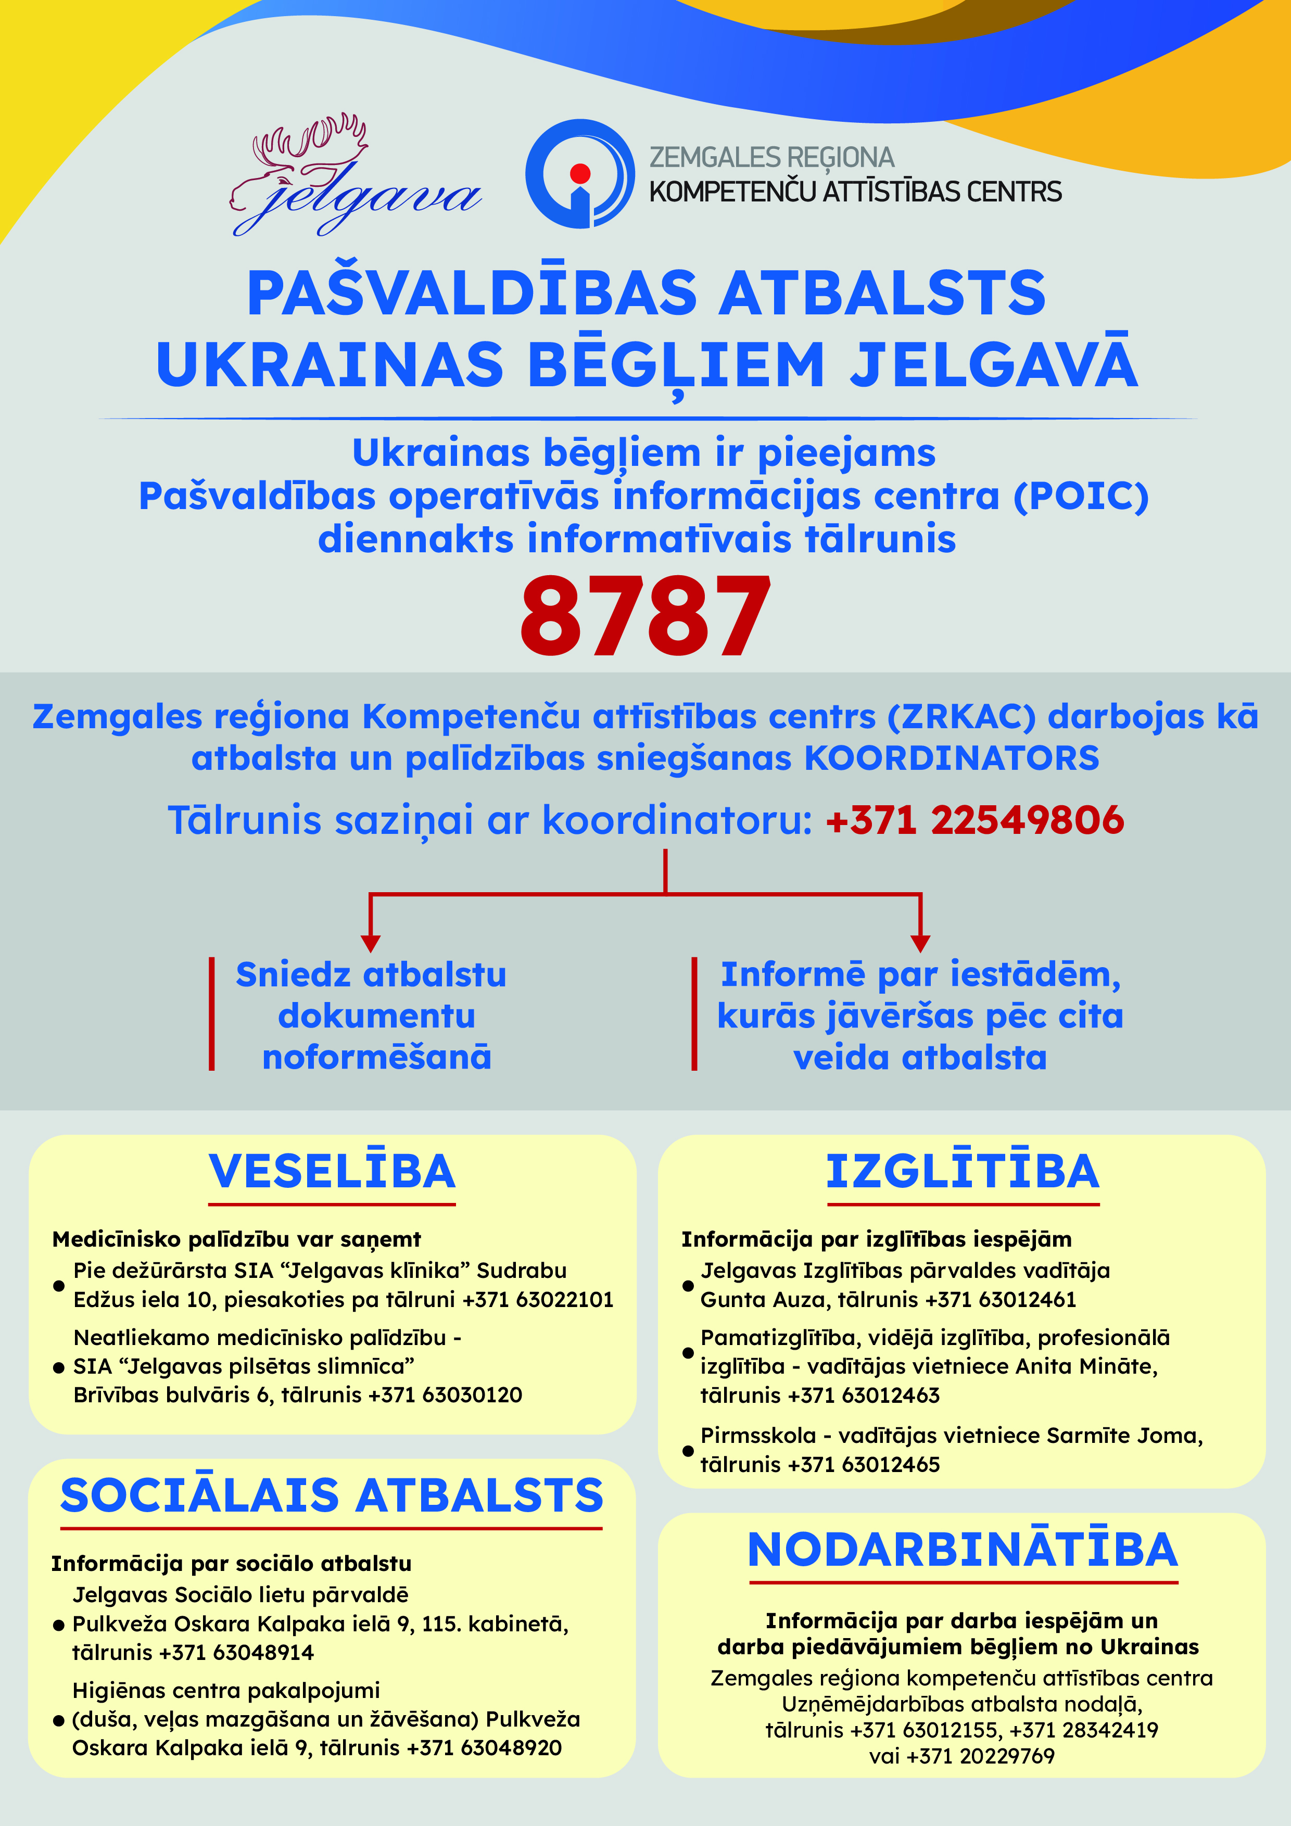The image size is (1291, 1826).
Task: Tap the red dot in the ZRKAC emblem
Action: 580,173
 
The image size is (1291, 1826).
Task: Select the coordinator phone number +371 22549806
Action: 974,820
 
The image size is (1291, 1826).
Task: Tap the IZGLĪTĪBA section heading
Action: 963,1172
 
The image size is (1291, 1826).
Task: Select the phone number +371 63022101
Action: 538,1300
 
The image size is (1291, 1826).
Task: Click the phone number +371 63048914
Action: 236,1653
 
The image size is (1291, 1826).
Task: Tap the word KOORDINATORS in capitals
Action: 952,758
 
